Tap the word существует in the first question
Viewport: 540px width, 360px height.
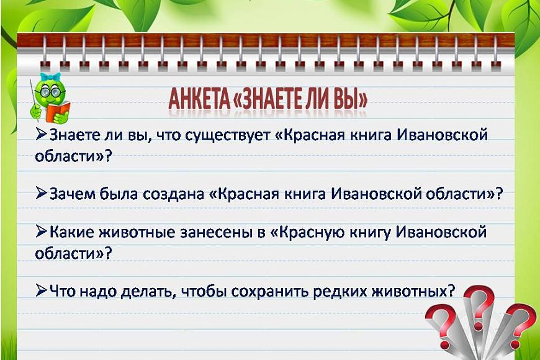pos(228,135)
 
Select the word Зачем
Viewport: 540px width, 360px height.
pos(73,194)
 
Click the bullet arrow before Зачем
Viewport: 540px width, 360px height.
pos(42,193)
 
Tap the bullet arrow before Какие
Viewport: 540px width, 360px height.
pos(42,232)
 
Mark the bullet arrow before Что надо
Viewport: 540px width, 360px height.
pos(42,290)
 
